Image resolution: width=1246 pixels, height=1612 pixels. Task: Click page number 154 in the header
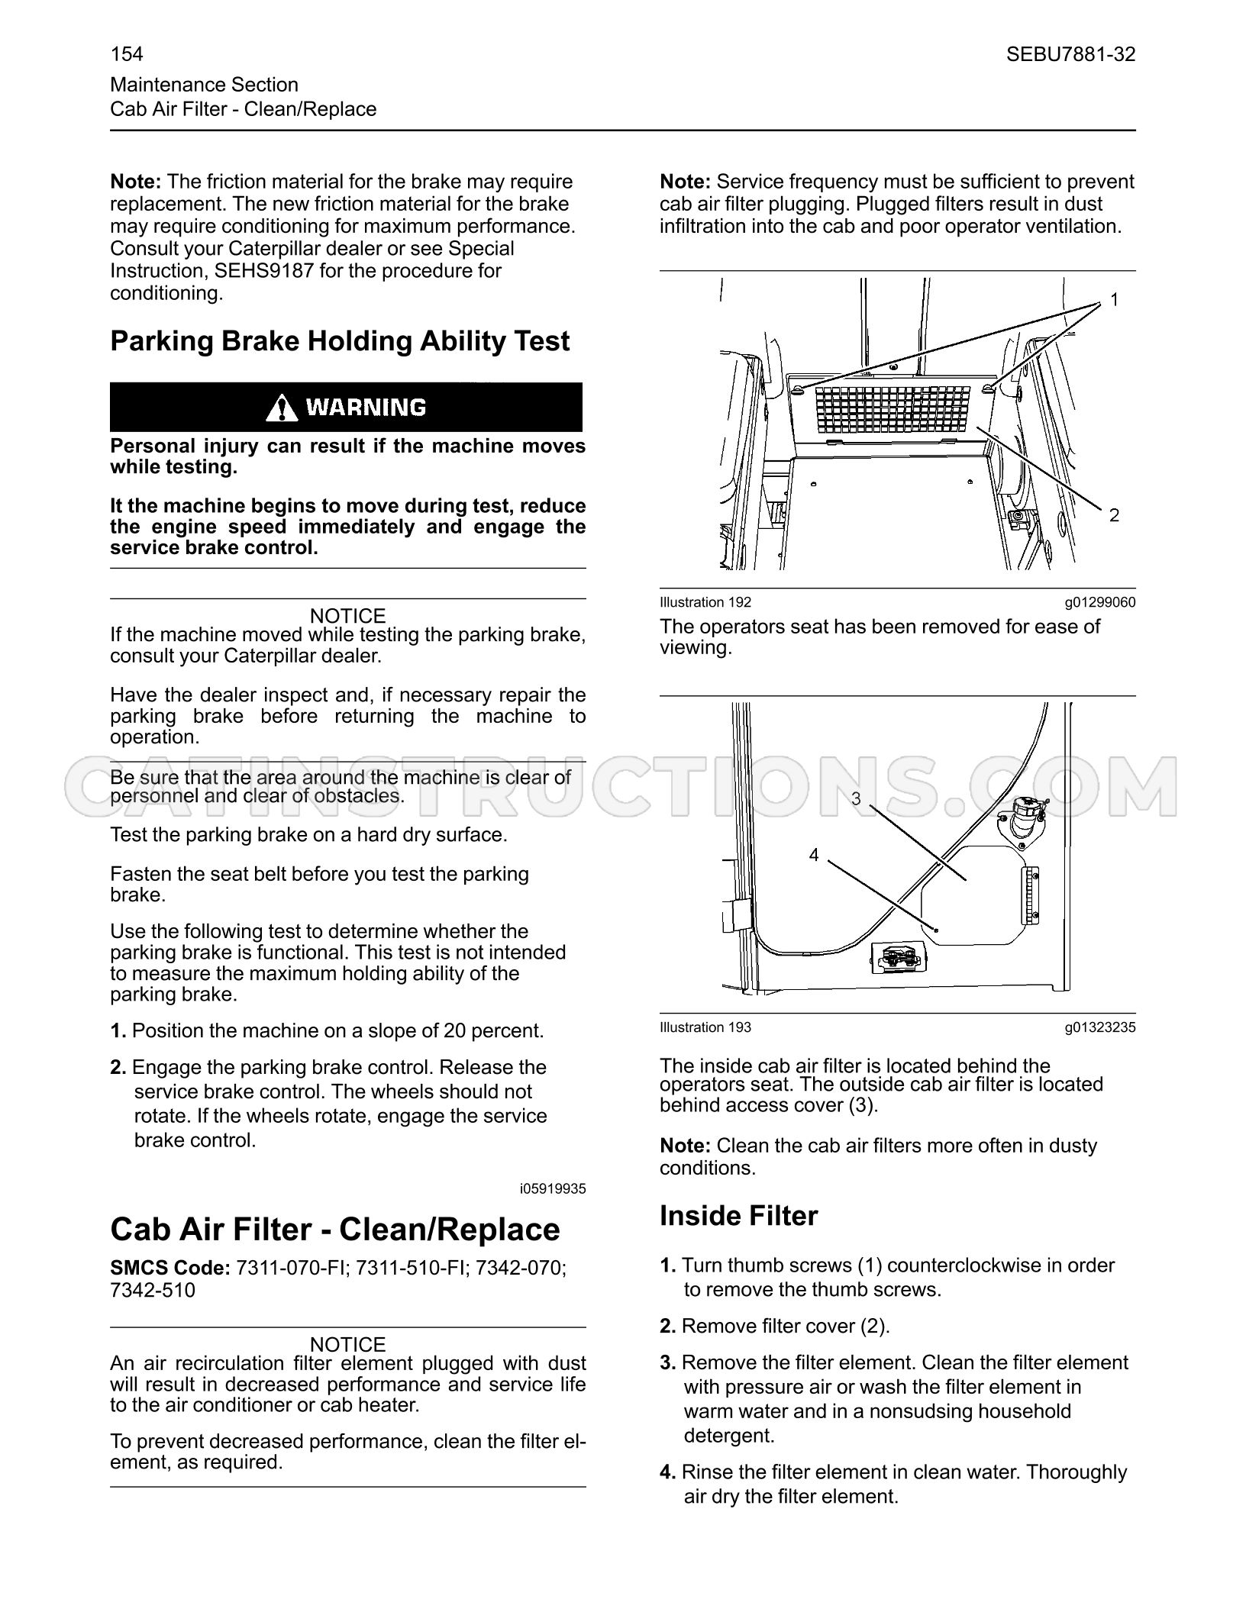tap(127, 54)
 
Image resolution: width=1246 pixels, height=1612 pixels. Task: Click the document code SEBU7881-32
tap(1070, 54)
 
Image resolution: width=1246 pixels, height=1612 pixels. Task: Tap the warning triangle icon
tap(282, 408)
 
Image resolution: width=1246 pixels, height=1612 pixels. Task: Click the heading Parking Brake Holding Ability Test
tap(340, 340)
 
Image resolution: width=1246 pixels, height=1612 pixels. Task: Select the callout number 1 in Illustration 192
tap(1114, 300)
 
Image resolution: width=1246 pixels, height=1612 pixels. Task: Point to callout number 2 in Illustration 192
tap(1114, 515)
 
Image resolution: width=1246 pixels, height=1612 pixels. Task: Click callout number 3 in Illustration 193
tap(856, 798)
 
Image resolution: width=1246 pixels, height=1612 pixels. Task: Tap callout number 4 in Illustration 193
tap(813, 855)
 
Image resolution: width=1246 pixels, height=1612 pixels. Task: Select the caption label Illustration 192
tap(705, 602)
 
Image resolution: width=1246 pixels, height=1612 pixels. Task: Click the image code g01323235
tap(1100, 1027)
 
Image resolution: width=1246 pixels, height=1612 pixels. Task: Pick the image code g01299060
tap(1100, 602)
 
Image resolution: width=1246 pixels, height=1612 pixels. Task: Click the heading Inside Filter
tap(738, 1216)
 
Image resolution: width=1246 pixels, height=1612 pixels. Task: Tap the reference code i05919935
tap(553, 1188)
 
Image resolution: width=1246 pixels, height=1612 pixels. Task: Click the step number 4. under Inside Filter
tap(668, 1472)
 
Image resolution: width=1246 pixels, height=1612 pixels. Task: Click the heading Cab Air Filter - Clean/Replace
tap(335, 1230)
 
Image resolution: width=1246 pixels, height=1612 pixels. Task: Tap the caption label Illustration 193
tap(705, 1027)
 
